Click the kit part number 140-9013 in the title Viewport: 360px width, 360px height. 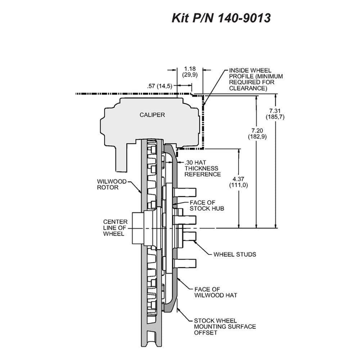point(244,18)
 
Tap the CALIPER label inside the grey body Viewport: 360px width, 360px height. point(152,115)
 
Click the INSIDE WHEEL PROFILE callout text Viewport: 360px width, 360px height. point(256,79)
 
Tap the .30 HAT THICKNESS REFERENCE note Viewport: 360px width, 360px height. point(202,168)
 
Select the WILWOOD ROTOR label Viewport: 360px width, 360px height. point(112,184)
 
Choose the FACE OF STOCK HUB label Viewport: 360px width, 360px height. point(207,206)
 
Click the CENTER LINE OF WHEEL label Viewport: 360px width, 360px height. point(115,228)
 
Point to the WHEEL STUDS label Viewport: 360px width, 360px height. point(235,255)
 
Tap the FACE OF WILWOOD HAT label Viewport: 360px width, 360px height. point(216,292)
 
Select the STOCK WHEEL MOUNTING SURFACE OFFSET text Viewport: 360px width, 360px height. point(225,327)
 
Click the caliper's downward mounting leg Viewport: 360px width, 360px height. point(121,158)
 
